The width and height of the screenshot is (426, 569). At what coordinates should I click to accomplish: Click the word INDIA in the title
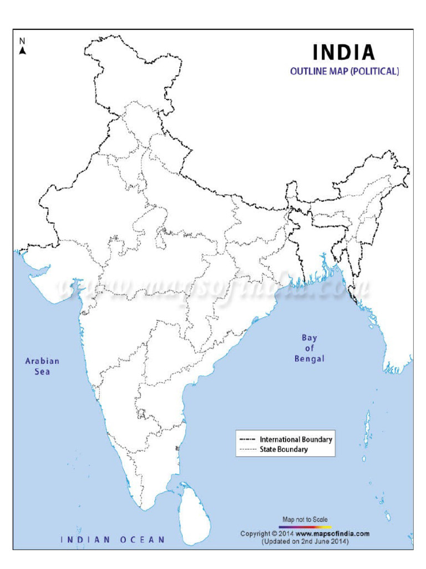[x=344, y=52]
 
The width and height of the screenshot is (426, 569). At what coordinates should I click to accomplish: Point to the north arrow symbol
[x=23, y=51]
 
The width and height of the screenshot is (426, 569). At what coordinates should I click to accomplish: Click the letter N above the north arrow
[x=23, y=41]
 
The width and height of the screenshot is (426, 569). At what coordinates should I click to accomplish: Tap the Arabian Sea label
[x=42, y=366]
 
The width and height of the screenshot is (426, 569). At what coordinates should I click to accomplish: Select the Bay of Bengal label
[x=309, y=348]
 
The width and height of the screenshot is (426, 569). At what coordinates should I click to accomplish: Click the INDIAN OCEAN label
[x=113, y=539]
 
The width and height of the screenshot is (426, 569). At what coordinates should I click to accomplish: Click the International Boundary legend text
[x=296, y=440]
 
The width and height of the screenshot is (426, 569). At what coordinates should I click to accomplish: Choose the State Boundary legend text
[x=283, y=449]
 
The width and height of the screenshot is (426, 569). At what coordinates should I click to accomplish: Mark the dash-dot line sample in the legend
[x=247, y=440]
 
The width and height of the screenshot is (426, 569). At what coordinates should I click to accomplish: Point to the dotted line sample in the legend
[x=247, y=449]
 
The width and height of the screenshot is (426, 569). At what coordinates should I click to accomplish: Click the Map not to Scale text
[x=305, y=520]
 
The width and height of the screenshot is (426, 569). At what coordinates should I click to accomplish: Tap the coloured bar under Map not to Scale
[x=305, y=526]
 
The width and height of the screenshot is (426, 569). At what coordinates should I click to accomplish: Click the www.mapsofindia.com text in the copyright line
[x=337, y=533]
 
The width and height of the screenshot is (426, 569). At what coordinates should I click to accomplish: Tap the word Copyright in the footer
[x=256, y=533]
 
